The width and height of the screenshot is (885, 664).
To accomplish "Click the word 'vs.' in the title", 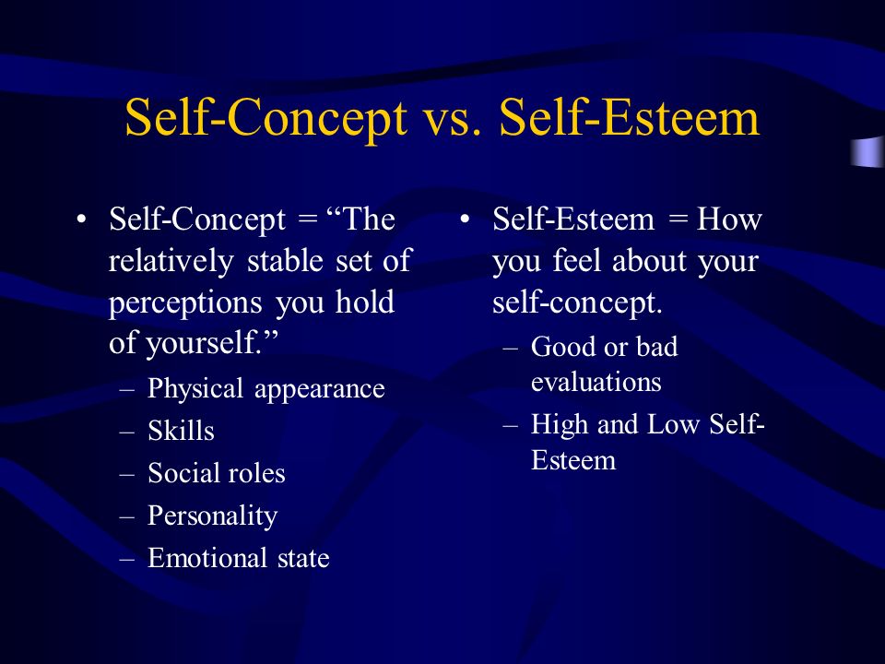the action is (453, 120).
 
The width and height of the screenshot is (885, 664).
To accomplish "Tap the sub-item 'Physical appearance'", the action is (265, 389).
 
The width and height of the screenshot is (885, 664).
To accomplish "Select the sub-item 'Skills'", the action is (181, 431).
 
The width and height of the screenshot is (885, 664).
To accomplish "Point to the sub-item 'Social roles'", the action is (216, 473).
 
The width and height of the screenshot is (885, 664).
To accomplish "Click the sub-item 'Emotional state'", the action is (238, 558).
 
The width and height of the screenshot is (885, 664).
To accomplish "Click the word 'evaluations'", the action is (596, 382).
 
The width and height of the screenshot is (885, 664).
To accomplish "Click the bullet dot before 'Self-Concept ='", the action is (82, 219).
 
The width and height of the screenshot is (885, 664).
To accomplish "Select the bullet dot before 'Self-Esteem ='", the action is (465, 219).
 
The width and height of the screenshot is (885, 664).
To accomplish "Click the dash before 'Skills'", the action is (127, 432).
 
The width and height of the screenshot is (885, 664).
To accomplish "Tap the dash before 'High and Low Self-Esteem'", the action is (510, 425).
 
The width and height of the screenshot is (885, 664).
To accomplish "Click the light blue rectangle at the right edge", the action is (868, 152).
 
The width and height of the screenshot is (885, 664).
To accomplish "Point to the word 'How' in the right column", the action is (729, 219).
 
